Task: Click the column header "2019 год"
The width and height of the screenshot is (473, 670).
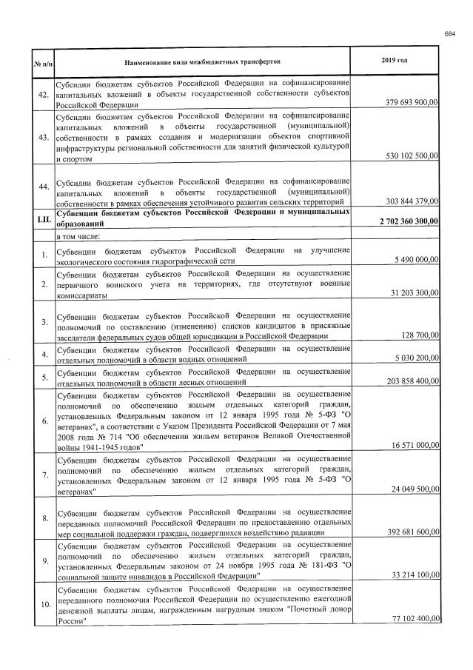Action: point(396,59)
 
